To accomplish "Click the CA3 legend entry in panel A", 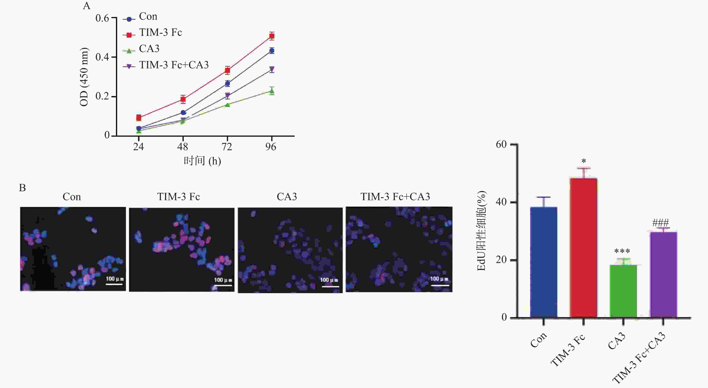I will (149, 49).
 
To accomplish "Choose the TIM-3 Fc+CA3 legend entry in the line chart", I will (174, 65).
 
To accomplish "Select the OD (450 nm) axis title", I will (84, 77).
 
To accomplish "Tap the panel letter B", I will (22, 188).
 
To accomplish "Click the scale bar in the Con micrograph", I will (114, 284).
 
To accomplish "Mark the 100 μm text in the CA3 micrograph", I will (329, 280).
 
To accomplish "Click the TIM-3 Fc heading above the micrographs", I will (178, 197).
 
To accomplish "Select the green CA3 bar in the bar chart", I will (623, 291).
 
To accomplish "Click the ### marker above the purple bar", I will (660, 222).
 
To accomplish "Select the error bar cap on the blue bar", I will (543, 197).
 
